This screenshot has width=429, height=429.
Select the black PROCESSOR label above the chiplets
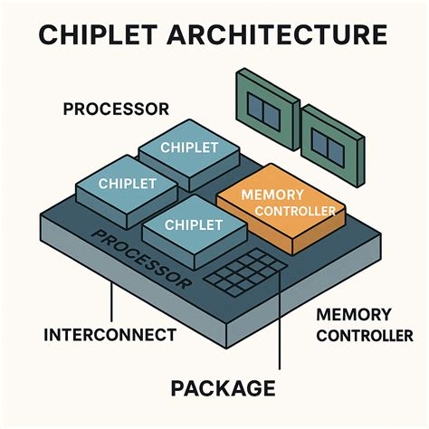pos(116,110)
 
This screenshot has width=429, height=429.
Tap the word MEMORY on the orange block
pos(272,194)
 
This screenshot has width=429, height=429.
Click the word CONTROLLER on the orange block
pos(296,212)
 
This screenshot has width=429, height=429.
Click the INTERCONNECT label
pos(110,335)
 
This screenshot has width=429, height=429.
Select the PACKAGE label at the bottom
pos(223,389)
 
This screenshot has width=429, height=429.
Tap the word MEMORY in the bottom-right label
pos(353,315)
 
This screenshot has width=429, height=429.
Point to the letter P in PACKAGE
pos(178,389)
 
